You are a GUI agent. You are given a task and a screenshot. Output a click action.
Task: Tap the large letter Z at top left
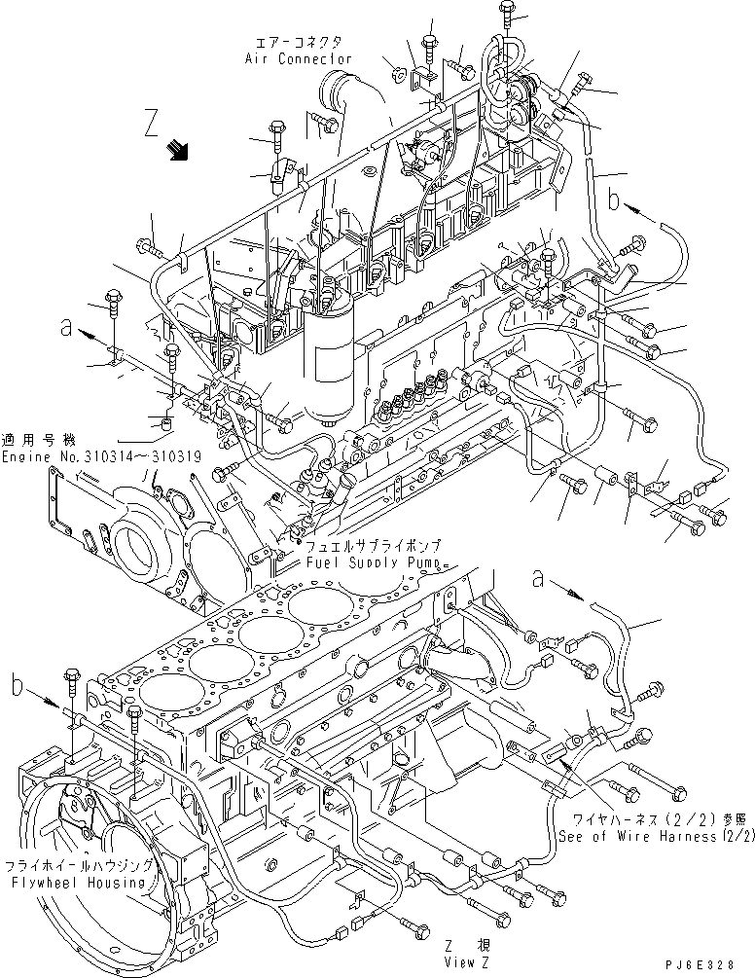[x=149, y=125]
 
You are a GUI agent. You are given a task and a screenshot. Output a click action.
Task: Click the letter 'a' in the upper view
[x=65, y=330]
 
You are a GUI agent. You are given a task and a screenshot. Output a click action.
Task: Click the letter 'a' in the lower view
[x=536, y=579]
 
